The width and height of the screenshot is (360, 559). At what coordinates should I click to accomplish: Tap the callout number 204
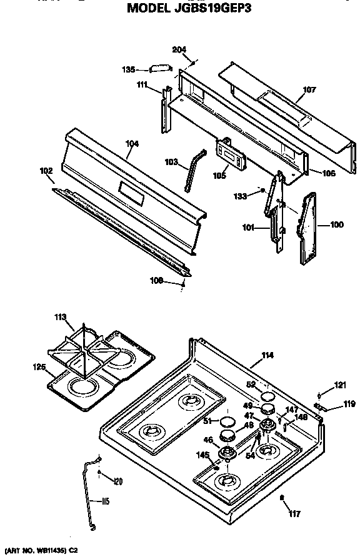180,49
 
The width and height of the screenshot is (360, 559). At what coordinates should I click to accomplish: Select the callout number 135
129,70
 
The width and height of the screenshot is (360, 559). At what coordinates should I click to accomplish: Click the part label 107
309,90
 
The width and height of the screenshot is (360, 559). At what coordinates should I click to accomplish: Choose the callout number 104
132,144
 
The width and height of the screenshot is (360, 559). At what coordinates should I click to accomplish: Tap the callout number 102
46,169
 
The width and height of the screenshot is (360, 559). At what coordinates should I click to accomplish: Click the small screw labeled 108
183,285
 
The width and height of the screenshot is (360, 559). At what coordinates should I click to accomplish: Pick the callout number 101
247,228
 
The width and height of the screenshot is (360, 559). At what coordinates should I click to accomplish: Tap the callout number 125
39,367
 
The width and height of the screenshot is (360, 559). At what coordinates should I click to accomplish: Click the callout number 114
267,356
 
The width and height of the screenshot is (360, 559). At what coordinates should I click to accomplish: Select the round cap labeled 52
268,397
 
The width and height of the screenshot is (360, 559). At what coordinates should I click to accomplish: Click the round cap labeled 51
228,420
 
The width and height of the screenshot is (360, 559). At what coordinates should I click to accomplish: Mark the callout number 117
294,514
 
